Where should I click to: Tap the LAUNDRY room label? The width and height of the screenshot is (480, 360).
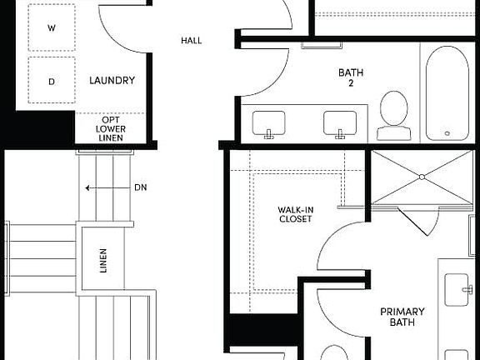coord(112,81)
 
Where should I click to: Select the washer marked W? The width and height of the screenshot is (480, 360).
coord(52,27)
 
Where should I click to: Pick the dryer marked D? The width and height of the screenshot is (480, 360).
coord(52,81)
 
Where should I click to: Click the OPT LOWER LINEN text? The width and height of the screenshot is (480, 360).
coord(110,128)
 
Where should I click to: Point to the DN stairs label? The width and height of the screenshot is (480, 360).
coord(141,187)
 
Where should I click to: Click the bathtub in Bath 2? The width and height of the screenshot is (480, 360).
coord(444,92)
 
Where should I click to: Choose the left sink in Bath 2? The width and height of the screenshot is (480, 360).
coord(269,124)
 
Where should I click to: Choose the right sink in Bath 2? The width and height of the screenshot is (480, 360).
coord(340,124)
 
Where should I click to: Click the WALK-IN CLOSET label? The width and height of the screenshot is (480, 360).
coord(295,214)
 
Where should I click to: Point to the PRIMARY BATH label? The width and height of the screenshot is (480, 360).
coord(402,317)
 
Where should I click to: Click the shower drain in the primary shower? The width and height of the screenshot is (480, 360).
coord(422,177)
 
